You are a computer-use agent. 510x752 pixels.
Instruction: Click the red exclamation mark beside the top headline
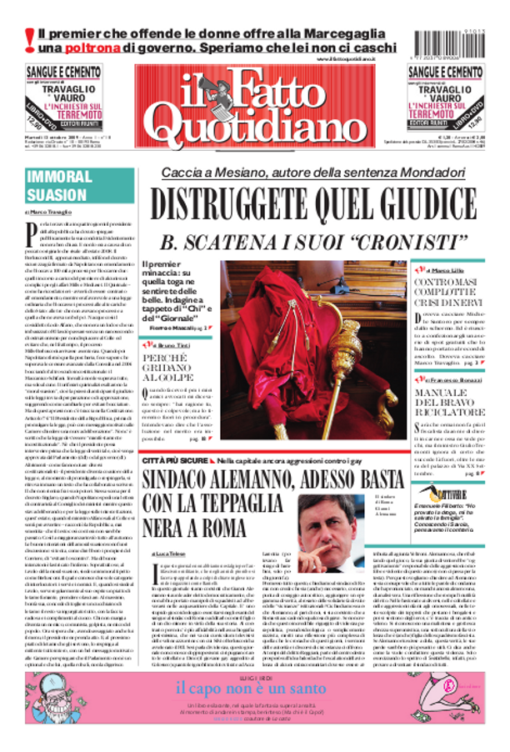click(x=29, y=39)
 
